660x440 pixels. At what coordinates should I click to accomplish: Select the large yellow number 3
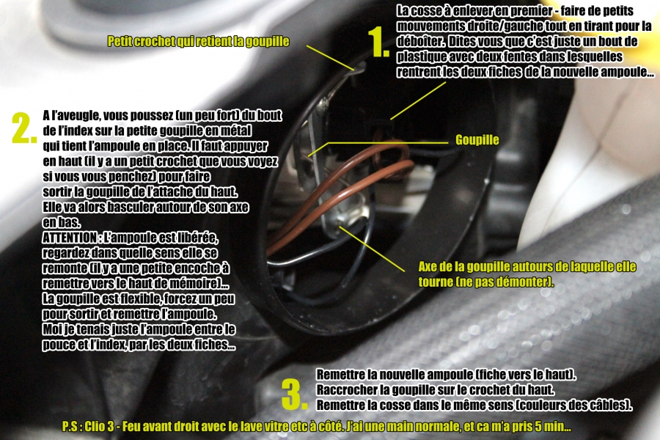pos(293,395)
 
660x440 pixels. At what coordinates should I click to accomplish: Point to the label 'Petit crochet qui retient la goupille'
pos(198,41)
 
